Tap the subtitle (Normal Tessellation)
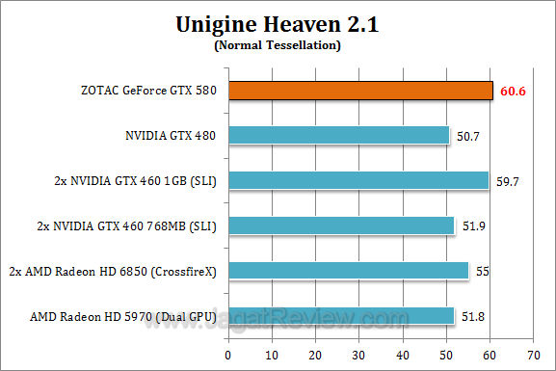pyautogui.click(x=277, y=44)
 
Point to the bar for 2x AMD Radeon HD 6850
pyautogui.click(x=350, y=271)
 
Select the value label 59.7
pyautogui.click(x=508, y=181)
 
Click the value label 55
pyautogui.click(x=483, y=272)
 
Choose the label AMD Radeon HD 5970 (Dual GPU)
pyautogui.click(x=134, y=315)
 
